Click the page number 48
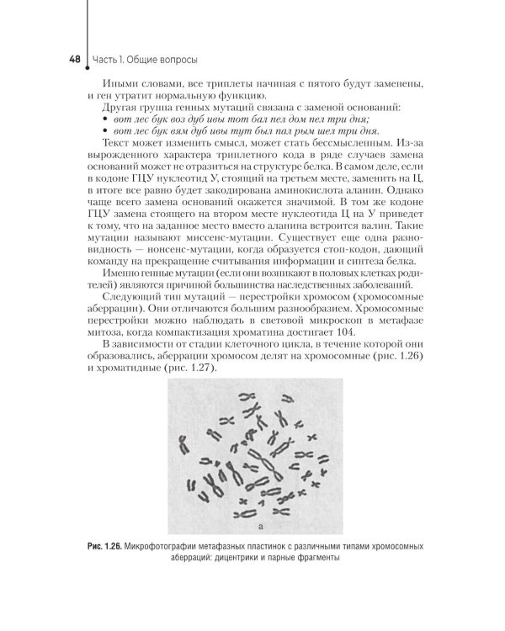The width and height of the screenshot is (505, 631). [74, 61]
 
